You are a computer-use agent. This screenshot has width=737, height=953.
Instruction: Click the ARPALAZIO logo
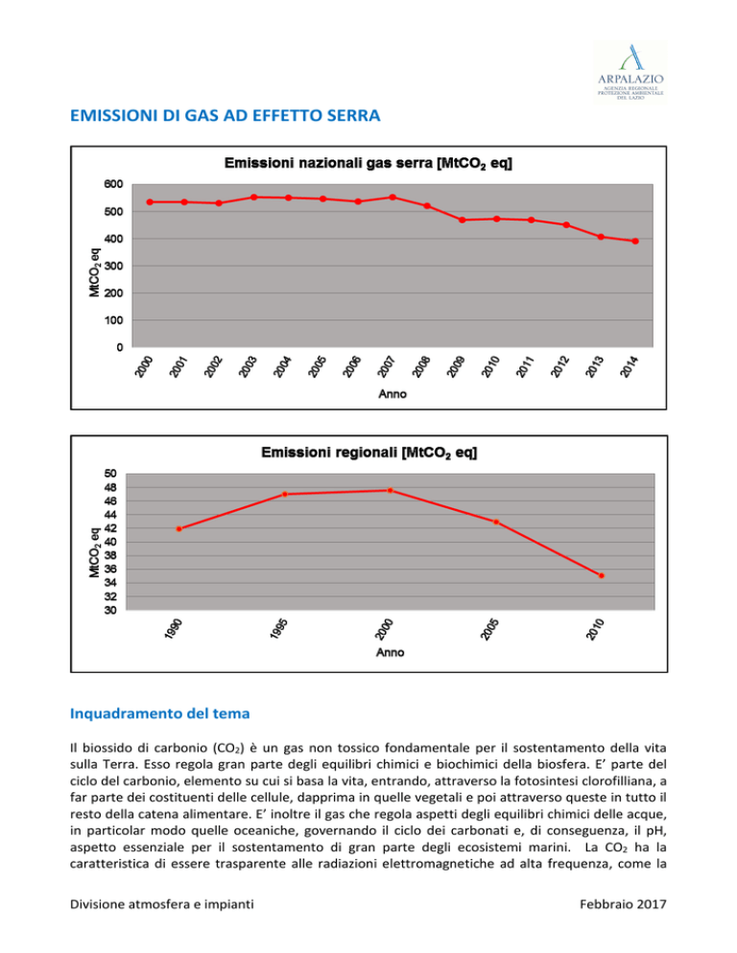630,72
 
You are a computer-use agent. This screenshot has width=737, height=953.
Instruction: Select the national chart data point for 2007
392,198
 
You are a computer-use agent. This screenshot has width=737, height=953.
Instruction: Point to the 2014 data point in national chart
635,242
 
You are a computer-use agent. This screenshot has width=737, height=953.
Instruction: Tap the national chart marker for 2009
462,220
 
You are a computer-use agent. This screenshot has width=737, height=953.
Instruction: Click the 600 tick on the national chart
114,184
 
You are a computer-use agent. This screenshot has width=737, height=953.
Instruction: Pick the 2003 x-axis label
248,367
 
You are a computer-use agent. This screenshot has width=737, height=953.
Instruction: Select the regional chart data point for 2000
391,491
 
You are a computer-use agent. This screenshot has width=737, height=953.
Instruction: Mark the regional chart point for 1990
178,529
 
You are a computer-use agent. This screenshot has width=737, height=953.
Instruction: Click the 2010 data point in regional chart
602,575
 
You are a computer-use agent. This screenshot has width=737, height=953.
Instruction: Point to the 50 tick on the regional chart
110,474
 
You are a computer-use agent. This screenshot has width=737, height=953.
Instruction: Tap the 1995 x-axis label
278,629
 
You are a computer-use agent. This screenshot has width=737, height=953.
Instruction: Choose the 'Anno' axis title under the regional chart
391,652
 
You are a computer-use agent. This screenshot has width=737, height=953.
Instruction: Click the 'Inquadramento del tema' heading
160,713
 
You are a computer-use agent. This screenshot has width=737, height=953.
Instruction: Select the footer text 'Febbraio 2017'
623,904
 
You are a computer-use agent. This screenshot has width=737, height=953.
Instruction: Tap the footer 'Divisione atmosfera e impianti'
162,904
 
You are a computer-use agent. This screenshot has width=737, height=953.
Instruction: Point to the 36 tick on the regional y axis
110,569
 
